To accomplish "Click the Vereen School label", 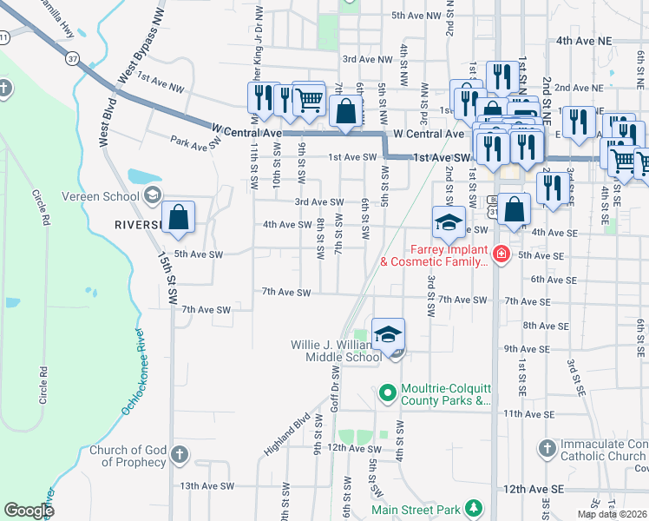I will tap(108, 195).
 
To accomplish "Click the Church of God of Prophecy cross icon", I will tap(180, 454).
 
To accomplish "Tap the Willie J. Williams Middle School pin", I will tap(388, 333).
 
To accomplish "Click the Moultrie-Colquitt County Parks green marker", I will tap(388, 393).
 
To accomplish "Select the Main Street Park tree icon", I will tap(473, 507).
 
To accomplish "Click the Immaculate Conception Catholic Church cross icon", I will tap(546, 449).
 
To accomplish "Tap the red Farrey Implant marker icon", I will tap(501, 254).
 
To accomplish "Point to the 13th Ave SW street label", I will tap(206, 486).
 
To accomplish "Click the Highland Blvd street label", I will tap(287, 434).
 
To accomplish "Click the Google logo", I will tap(29, 510).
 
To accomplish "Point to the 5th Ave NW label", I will tap(416, 16).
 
